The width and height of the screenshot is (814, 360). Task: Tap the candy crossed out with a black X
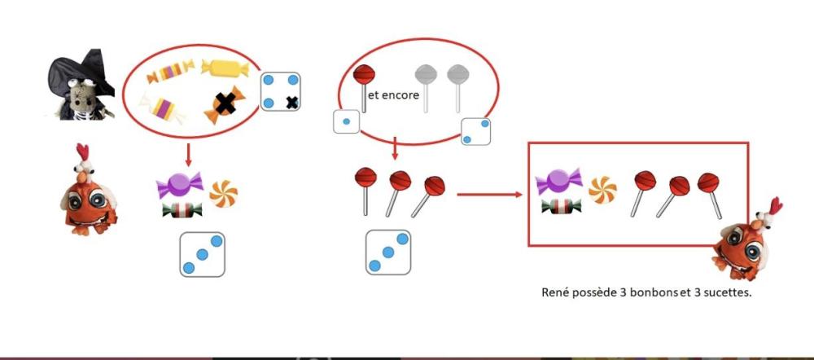(x=225, y=104)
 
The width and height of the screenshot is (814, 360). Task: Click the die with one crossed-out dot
(x=280, y=91)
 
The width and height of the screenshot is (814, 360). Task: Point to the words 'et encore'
(x=393, y=95)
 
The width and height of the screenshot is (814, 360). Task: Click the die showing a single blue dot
(x=346, y=121)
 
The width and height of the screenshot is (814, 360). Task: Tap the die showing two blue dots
(x=475, y=131)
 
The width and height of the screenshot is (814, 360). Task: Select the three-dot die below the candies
(x=203, y=254)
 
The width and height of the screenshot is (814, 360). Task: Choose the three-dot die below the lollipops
(x=388, y=252)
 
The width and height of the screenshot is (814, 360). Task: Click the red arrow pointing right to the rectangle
(x=489, y=195)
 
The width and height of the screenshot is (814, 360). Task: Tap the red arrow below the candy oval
(x=189, y=155)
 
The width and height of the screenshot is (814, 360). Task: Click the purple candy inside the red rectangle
(x=559, y=182)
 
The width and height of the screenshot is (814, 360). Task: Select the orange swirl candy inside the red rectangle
(x=602, y=190)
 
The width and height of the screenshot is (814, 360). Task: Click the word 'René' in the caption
(x=555, y=292)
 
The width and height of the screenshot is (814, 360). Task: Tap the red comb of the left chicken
(x=82, y=152)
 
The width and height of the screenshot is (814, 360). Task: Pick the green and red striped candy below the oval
(x=182, y=210)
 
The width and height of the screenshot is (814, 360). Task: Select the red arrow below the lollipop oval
(x=395, y=148)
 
